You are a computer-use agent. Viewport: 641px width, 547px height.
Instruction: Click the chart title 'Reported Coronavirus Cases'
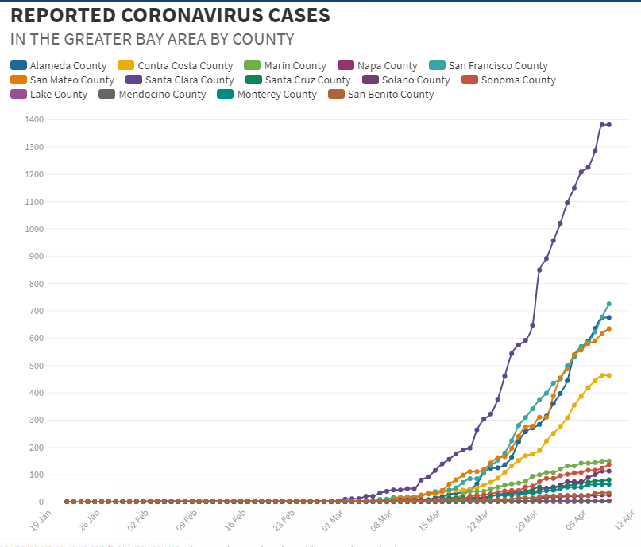(x=170, y=15)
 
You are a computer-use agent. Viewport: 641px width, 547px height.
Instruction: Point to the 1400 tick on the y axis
(x=33, y=119)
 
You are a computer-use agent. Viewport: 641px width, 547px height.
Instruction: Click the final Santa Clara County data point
(x=608, y=125)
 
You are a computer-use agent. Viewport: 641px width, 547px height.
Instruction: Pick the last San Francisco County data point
(x=608, y=304)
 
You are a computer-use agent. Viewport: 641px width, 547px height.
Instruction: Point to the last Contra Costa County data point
(x=608, y=375)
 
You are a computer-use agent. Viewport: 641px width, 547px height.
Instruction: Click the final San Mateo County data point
(x=608, y=329)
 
